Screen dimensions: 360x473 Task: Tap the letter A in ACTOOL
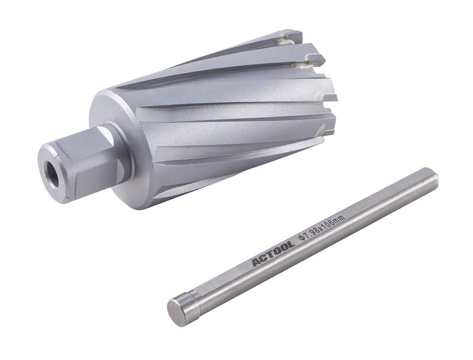[257, 260]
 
